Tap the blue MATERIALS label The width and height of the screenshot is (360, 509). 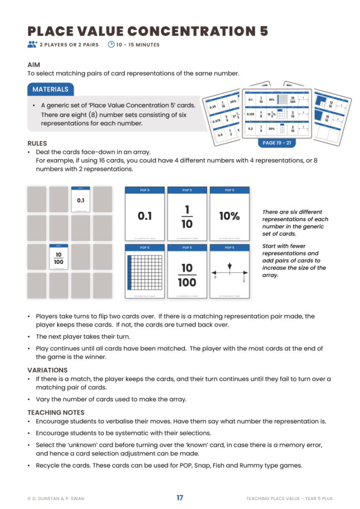tap(50, 89)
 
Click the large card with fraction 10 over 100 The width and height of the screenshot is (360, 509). tap(187, 273)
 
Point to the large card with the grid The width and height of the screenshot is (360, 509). tap(145, 273)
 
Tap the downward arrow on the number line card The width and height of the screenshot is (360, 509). tap(229, 267)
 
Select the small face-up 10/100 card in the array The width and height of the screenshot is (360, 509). tap(59, 257)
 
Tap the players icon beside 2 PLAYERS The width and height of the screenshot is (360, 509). tap(32, 45)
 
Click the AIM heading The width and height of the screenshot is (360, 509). tap(34, 65)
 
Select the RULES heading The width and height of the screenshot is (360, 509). tap(37, 143)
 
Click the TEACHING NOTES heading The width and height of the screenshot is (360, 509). tap(56, 413)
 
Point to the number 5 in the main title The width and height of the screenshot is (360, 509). tap(264, 31)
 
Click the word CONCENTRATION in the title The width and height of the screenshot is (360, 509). tap(191, 31)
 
